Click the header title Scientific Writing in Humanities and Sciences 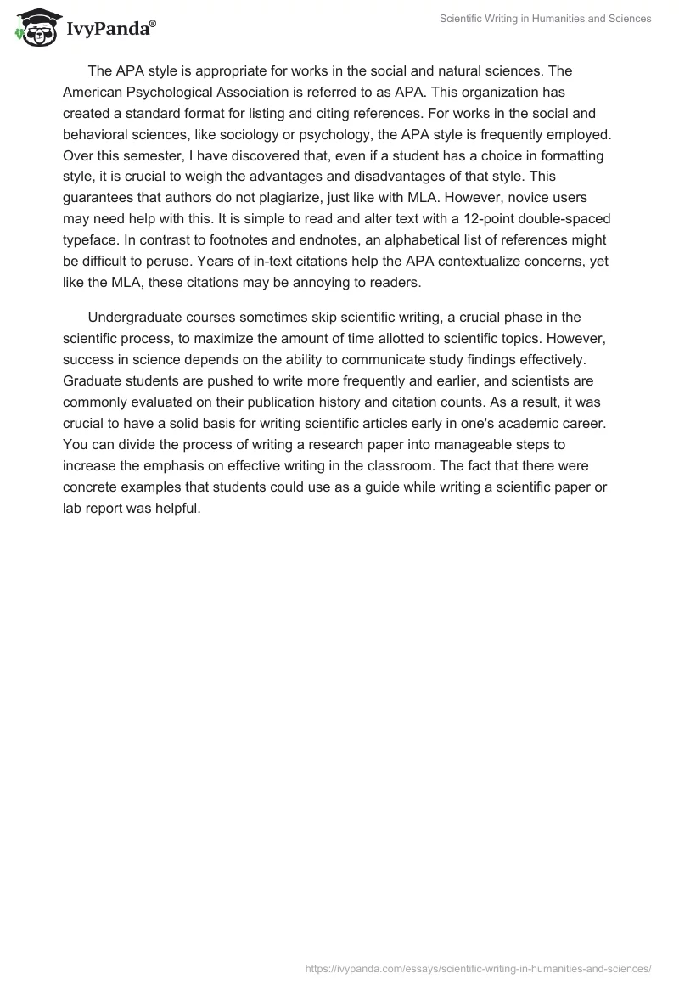pyautogui.click(x=545, y=19)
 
